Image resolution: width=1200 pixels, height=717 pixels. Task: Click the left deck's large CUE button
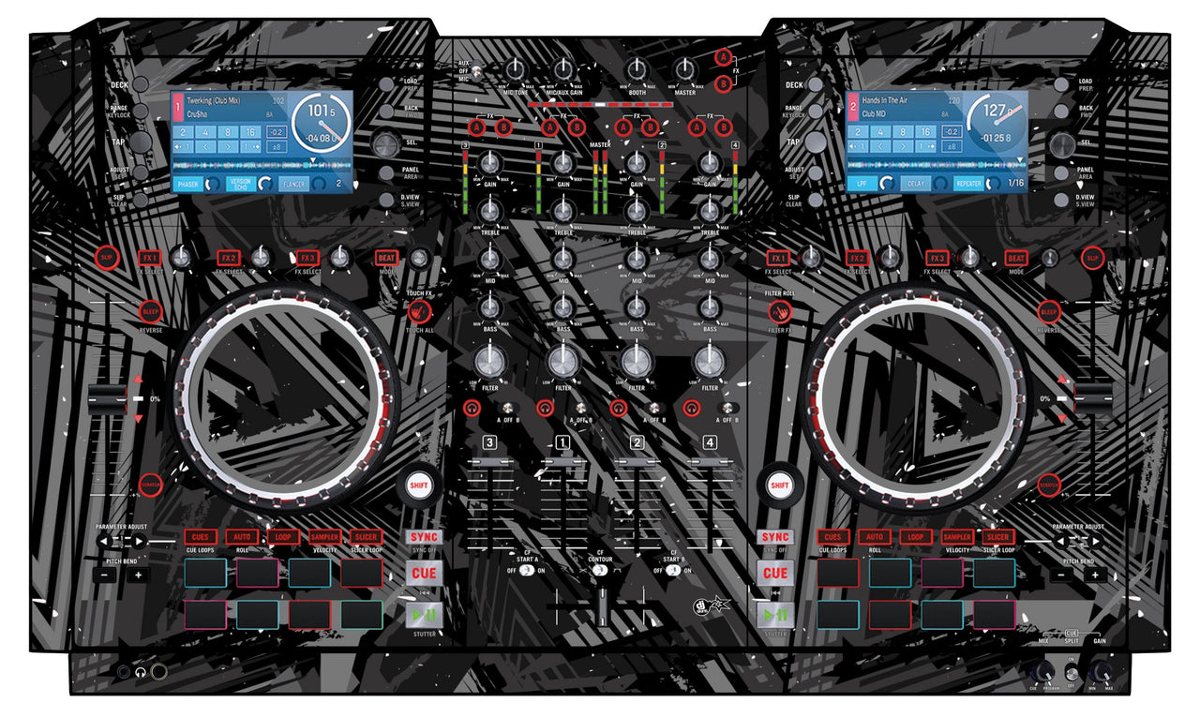(424, 573)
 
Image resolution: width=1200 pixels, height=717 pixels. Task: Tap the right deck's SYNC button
(775, 537)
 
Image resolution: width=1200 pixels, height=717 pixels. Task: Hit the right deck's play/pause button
(775, 615)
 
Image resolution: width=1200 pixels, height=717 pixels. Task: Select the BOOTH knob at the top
(637, 69)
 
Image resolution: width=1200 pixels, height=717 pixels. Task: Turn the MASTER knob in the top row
(685, 69)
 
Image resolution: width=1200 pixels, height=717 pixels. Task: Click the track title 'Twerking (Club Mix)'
(213, 100)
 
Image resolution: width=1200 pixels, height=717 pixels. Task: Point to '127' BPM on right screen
(995, 111)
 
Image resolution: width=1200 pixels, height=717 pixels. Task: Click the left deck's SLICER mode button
(366, 537)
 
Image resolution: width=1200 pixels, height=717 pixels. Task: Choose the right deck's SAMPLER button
(957, 537)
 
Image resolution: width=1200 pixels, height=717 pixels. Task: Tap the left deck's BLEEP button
(151, 311)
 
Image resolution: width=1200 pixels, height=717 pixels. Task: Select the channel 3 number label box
(489, 442)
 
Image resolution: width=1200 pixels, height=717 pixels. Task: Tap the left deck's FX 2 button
(229, 257)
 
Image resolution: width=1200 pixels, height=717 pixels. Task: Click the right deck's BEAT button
(1016, 257)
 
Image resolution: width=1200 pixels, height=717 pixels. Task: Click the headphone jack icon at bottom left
(141, 672)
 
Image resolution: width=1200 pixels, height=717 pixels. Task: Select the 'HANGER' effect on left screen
(293, 185)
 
